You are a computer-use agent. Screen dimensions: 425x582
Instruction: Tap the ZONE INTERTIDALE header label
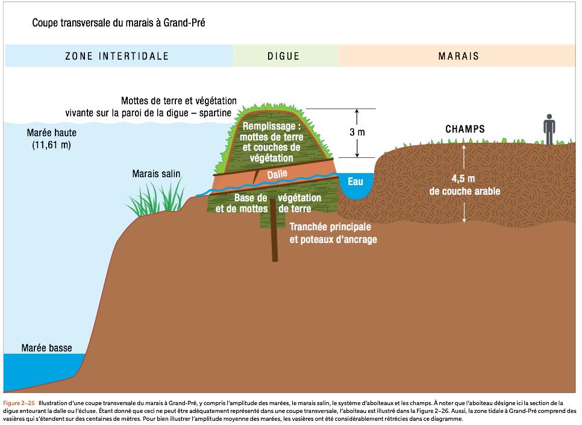117,57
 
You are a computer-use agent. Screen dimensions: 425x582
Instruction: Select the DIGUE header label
283,57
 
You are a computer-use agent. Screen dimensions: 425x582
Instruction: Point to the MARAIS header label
458,57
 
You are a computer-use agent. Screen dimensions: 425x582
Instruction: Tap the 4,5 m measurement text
463,178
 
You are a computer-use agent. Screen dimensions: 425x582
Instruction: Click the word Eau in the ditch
355,180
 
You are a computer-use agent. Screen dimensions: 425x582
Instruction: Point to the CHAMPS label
465,129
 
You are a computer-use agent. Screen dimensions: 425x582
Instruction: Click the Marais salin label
156,174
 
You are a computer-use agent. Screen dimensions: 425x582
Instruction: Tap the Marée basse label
46,348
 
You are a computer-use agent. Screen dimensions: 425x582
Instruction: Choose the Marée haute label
51,133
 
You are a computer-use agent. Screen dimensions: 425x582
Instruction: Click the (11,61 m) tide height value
51,145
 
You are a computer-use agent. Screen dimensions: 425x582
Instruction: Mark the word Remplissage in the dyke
271,127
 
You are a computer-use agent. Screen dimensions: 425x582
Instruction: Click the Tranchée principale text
330,227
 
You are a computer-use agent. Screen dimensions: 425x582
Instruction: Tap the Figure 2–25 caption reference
18,403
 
